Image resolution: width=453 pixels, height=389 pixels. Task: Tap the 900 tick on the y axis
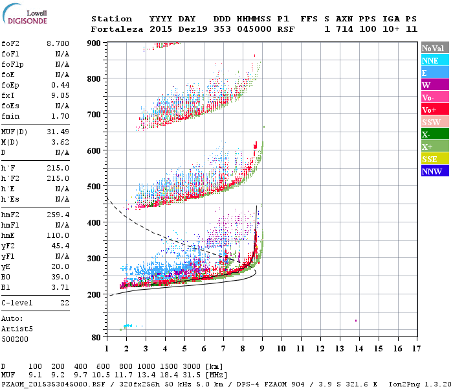coord(94,43)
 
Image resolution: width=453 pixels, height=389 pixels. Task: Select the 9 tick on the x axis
coord(261,348)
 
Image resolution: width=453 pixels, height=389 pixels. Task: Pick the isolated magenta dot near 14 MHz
coord(356,320)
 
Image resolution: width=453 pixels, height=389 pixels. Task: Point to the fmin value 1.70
coord(61,117)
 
